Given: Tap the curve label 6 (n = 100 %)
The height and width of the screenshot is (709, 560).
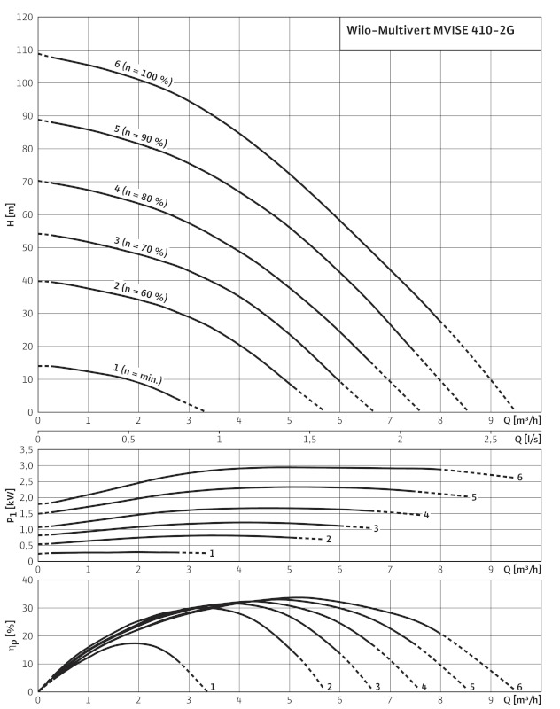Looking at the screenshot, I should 144,74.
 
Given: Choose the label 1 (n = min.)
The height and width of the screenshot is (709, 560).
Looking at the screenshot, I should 137,373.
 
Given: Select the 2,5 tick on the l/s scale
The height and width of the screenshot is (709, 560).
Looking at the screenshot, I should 491,439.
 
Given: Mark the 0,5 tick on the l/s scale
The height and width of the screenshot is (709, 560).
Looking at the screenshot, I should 128,439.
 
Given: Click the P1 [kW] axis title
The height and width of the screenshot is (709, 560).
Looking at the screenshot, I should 10,507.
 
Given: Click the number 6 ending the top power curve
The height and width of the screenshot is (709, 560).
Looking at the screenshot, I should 519,478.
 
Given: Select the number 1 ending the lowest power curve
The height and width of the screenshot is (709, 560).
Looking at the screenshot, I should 211,553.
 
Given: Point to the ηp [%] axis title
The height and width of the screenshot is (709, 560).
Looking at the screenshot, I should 11,635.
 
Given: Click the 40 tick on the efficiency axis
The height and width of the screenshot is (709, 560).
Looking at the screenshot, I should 27,581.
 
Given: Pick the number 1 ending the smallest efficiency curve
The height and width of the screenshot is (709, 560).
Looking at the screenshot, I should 213,687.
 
